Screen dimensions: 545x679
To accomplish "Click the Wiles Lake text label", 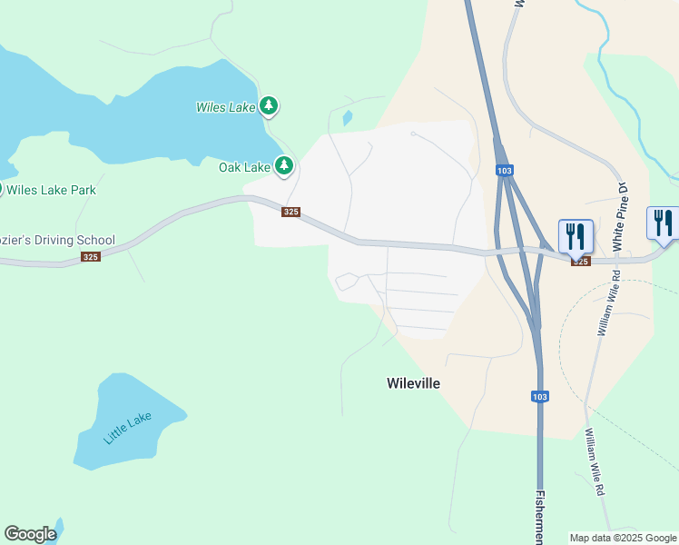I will click(226, 107).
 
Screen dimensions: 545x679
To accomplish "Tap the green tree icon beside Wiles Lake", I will click(268, 106).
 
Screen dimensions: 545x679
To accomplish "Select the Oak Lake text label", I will click(245, 167).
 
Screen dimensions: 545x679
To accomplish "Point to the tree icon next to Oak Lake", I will click(284, 165).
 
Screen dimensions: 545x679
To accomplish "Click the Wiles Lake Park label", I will click(51, 190).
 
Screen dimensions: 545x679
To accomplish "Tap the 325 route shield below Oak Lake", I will click(290, 212).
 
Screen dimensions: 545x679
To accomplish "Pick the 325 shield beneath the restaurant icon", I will click(580, 262).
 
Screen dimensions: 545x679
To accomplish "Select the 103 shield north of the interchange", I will click(505, 171).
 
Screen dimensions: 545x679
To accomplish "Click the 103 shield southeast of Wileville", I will click(539, 396).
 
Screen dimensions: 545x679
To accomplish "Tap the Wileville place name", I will click(413, 383).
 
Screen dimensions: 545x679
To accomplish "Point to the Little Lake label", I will click(128, 427).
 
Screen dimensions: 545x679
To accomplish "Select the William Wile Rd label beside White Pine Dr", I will click(604, 302).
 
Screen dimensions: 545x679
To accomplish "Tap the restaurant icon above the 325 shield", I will click(575, 236).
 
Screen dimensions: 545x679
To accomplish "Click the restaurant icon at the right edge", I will click(664, 223).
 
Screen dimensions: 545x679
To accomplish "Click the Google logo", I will click(30, 534).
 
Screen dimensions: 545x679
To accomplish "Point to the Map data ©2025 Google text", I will click(623, 538).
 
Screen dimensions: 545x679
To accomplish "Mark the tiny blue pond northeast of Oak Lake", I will click(347, 118).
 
